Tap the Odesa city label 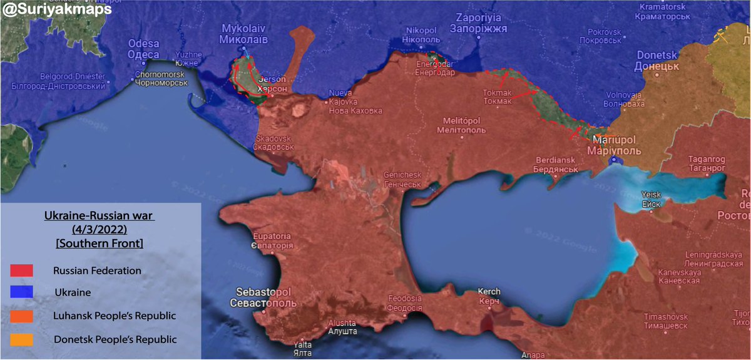tap(143, 49)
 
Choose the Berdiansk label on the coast tap(551, 165)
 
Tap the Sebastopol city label tap(266, 297)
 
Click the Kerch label tap(488, 296)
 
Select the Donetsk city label tap(657, 60)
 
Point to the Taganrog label tap(706, 163)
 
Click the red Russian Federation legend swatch tap(21, 270)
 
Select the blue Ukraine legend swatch tap(21, 292)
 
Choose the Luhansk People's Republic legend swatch tap(21, 316)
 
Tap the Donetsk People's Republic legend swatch tap(21, 339)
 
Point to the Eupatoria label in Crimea tap(272, 240)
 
